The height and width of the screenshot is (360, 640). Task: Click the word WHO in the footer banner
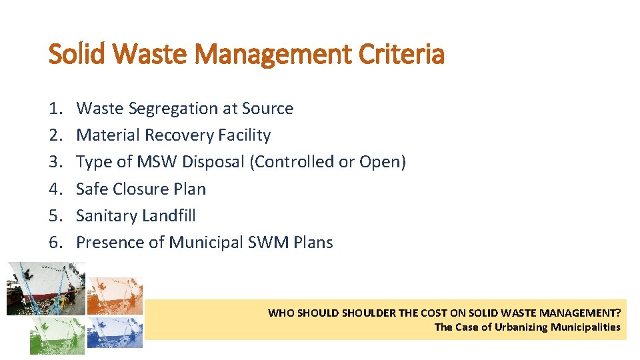click(280, 313)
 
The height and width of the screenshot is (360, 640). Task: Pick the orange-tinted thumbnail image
click(115, 295)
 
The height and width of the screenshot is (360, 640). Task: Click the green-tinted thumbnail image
click(57, 335)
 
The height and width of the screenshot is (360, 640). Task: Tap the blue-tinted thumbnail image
click(115, 332)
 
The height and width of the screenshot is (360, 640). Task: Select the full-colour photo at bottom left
click(45, 288)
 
